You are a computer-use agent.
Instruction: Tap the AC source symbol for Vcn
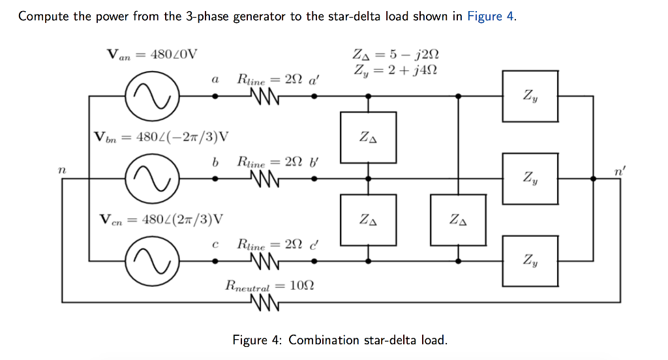click(151, 260)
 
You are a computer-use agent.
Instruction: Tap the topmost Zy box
click(530, 96)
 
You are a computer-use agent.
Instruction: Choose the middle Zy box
click(530, 177)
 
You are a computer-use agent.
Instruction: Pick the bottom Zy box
click(530, 260)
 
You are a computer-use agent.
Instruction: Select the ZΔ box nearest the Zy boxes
click(458, 220)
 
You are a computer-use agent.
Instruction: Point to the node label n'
click(617, 171)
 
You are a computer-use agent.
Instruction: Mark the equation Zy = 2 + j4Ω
click(391, 70)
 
